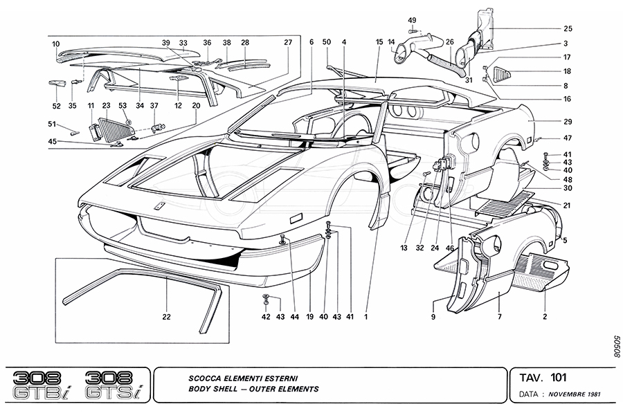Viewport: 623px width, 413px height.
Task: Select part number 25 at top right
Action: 567,28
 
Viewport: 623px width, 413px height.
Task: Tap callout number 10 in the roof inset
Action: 56,44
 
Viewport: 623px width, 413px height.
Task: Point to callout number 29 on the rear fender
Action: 567,121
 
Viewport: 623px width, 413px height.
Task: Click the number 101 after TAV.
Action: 558,378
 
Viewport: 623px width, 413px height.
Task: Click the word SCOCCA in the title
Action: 206,378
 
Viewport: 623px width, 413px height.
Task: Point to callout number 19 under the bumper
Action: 310,318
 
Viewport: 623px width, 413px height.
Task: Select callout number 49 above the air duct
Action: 412,19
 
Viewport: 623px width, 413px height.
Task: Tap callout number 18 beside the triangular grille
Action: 567,71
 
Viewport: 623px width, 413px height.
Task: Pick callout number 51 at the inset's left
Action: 52,125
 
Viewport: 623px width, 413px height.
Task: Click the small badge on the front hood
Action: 159,206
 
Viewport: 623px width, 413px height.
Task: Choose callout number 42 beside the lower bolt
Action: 266,318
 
